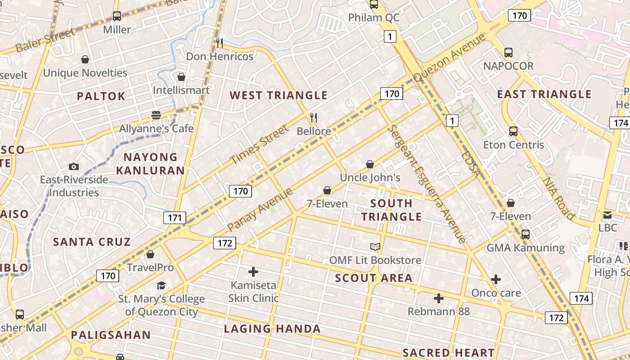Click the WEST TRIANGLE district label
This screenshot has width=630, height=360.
(x=279, y=95)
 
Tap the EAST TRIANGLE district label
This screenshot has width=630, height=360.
(x=544, y=94)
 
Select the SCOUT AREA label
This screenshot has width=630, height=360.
(x=373, y=278)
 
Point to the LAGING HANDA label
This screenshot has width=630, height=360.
(x=272, y=329)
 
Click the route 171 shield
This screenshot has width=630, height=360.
(x=174, y=218)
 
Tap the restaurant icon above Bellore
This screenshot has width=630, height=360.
(x=314, y=118)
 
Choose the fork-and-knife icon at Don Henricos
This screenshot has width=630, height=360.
(x=220, y=43)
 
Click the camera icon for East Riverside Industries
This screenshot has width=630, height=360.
(x=74, y=166)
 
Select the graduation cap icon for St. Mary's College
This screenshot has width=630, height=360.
(x=161, y=285)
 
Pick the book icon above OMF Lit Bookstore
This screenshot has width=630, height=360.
(x=375, y=247)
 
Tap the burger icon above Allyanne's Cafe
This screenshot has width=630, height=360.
(x=156, y=115)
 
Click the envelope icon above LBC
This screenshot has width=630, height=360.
(x=607, y=215)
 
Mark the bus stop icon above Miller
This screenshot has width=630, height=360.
(x=117, y=17)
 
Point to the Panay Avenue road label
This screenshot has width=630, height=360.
(x=260, y=209)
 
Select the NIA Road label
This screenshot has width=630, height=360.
(x=559, y=198)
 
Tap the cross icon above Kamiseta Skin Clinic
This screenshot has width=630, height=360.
(x=253, y=272)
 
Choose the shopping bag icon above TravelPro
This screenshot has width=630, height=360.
(x=150, y=254)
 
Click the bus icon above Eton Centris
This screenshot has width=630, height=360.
(x=513, y=131)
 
